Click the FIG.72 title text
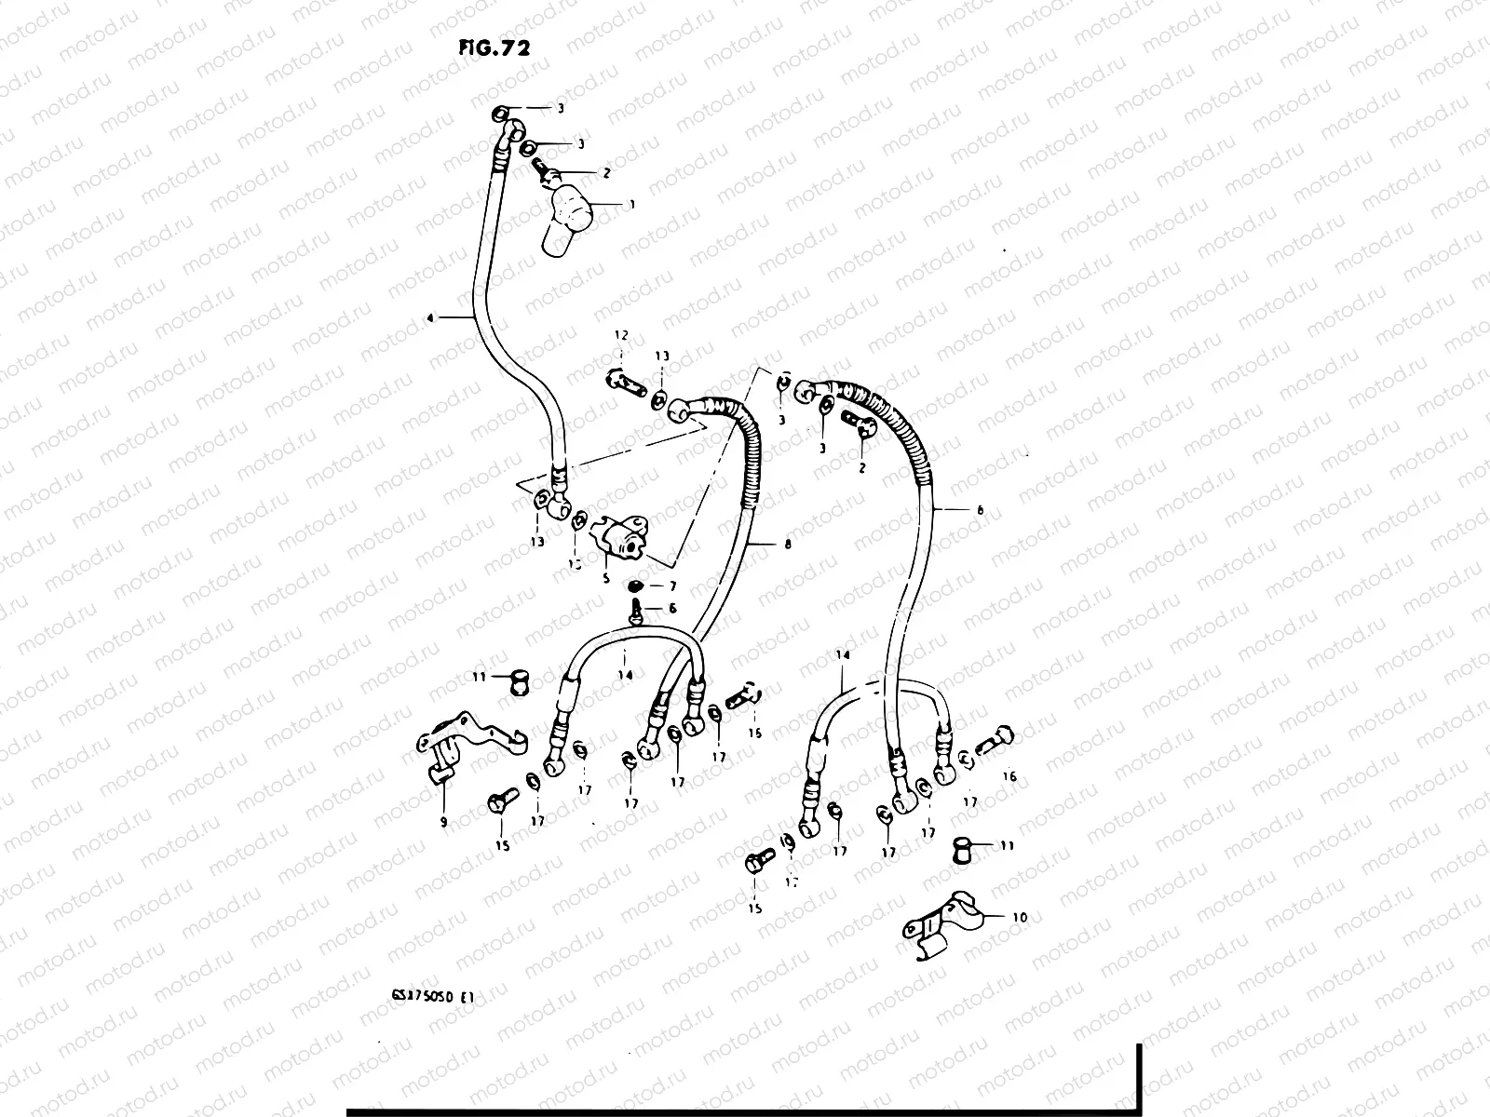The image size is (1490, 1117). coord(494,48)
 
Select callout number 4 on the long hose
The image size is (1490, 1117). coord(429,318)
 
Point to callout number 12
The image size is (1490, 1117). coord(621,335)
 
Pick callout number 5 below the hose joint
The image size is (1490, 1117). coord(605,578)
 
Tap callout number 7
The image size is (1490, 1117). coord(671,586)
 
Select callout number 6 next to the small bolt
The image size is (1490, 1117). coord(671,609)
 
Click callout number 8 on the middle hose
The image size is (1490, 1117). coord(788,545)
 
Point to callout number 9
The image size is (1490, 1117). coord(443,822)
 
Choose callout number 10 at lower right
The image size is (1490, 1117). coord(1020,918)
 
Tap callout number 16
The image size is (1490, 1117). coord(1009,776)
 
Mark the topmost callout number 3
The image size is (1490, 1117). coord(561,109)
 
